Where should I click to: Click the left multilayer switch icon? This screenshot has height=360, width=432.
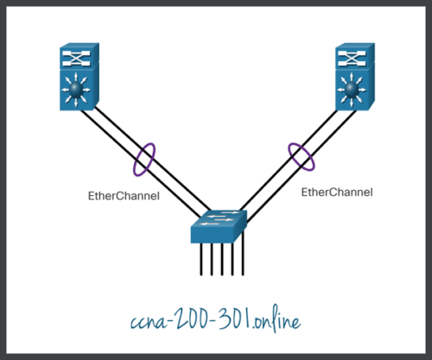80,79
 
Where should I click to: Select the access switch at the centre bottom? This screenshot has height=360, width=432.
218,227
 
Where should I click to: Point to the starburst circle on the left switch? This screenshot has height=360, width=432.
80,90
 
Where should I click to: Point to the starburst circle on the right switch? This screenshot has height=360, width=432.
351,88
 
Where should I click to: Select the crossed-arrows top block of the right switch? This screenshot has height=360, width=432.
351,57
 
